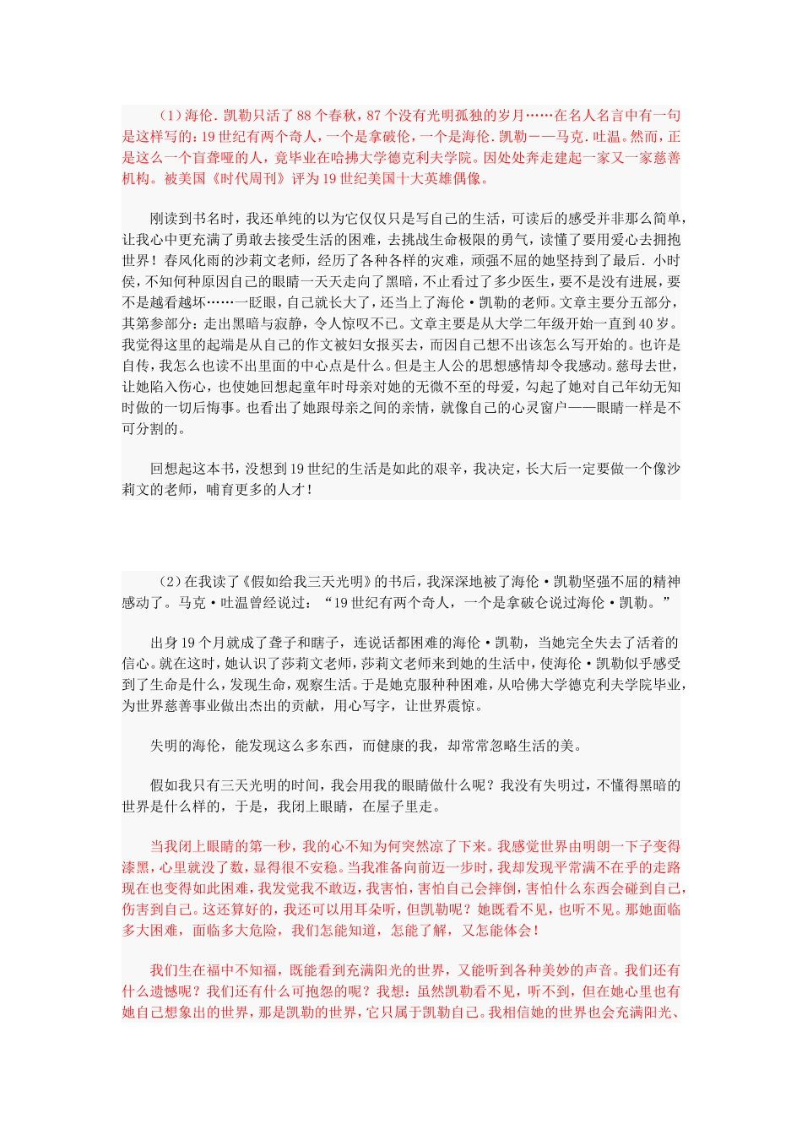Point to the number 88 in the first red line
(x=306, y=116)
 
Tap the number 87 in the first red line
(x=375, y=116)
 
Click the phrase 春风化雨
(x=194, y=261)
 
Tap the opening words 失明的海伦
(x=186, y=746)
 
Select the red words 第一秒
(x=268, y=847)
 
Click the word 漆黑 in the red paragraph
(x=135, y=868)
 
